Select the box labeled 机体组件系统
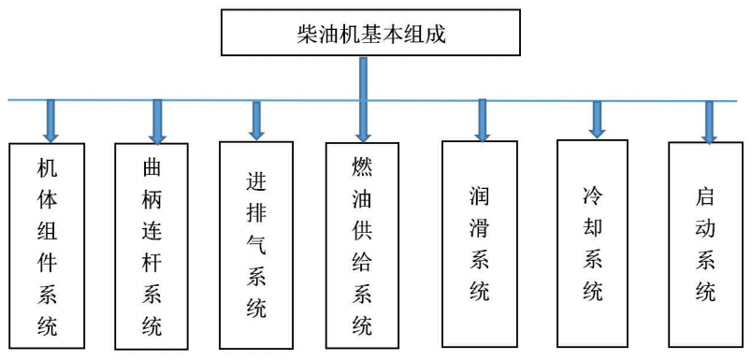[47, 246]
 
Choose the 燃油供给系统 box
[361, 246]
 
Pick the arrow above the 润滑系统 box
[483, 119]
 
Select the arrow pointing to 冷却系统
[596, 118]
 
